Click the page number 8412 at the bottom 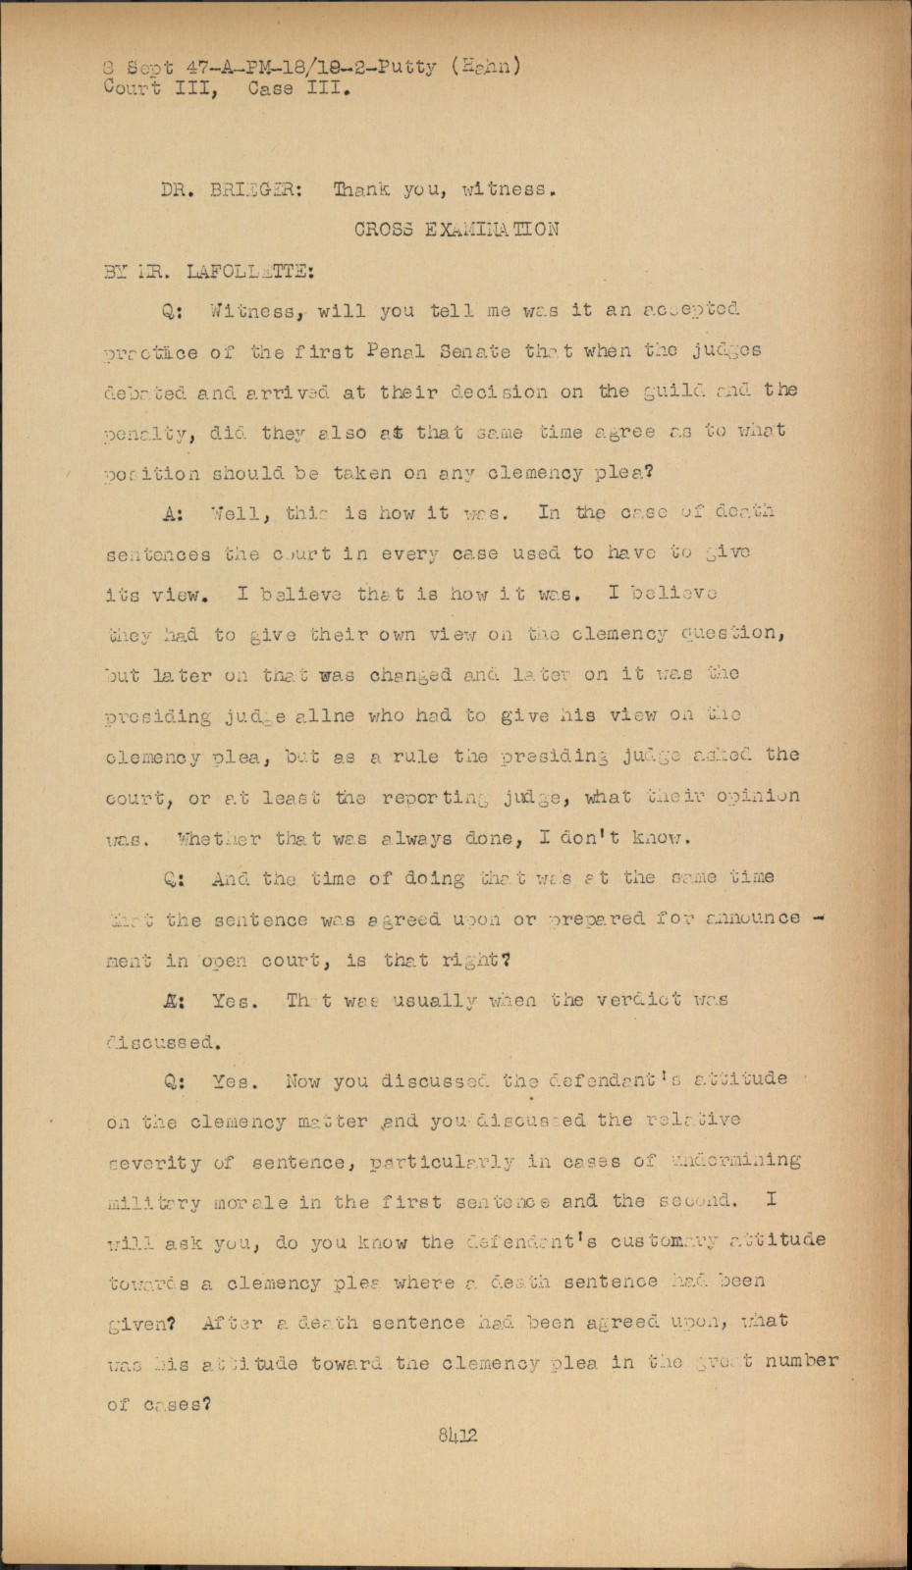(457, 1436)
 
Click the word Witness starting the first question (251, 311)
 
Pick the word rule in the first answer (411, 756)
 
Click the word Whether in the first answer (220, 839)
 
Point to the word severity (154, 1163)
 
